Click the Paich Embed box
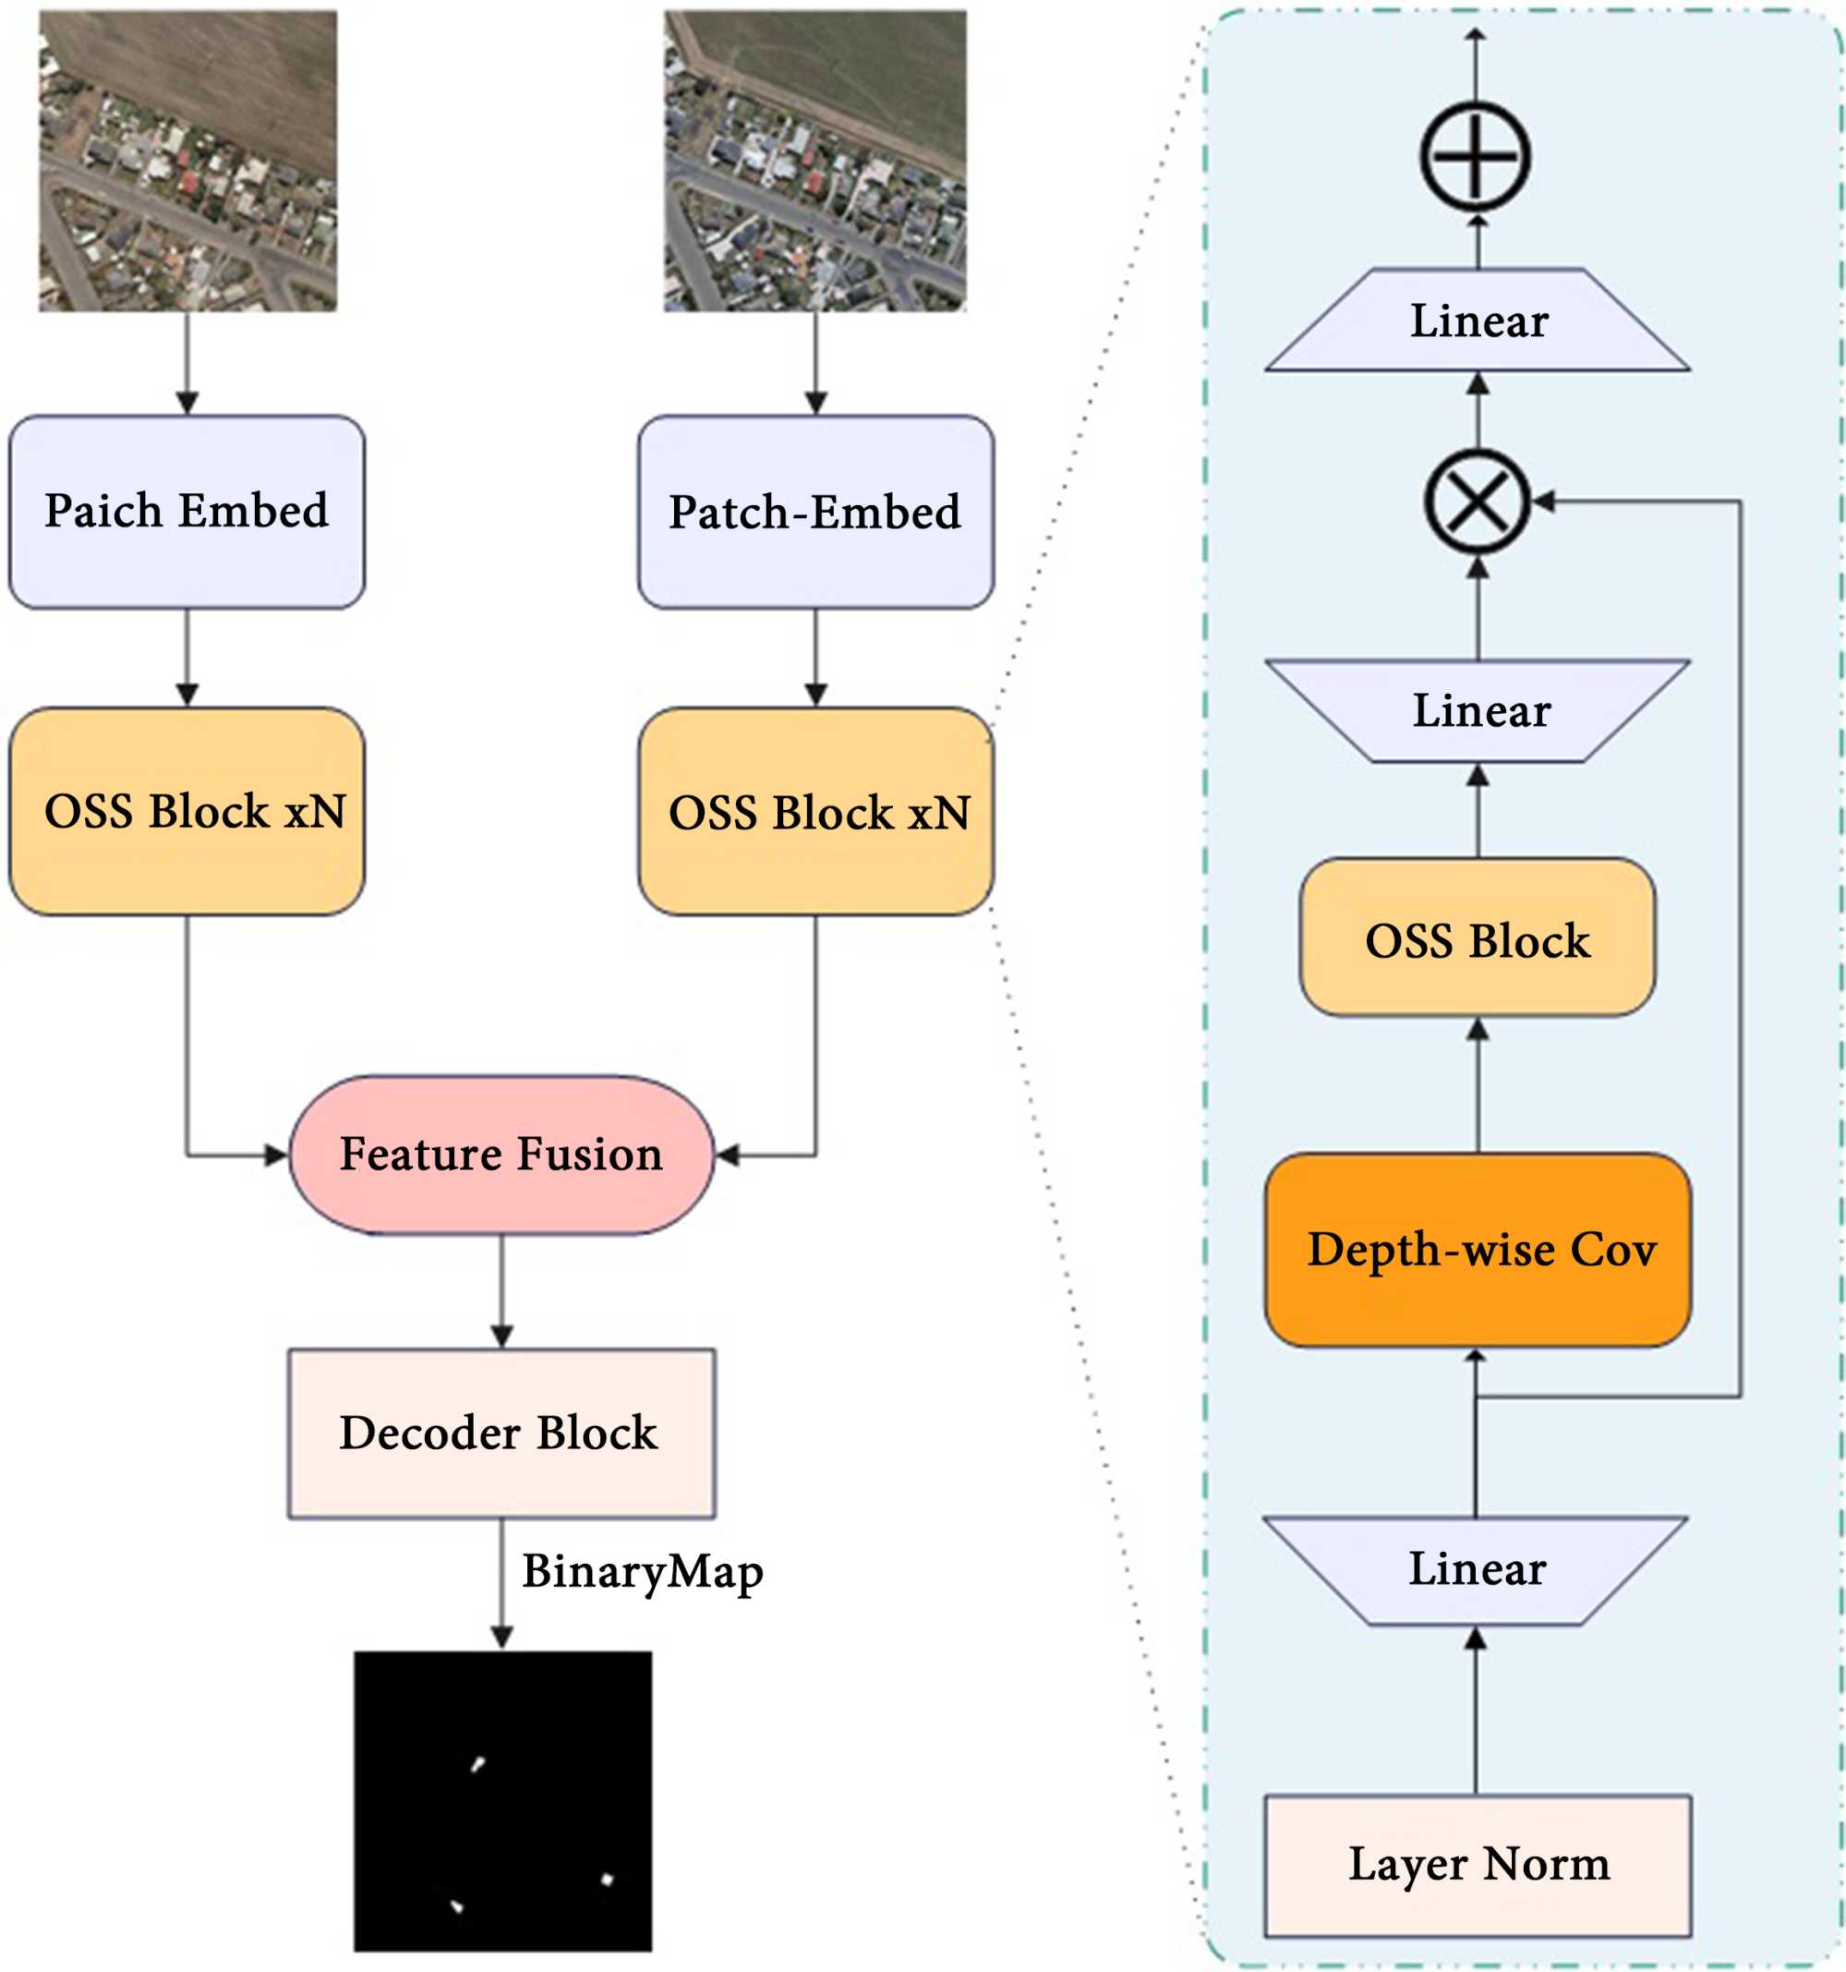tap(187, 512)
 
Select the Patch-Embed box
tap(815, 512)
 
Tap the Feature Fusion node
tap(501, 1155)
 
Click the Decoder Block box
tap(501, 1433)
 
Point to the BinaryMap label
tap(643, 1572)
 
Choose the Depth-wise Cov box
tap(1477, 1250)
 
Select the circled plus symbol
tap(1475, 157)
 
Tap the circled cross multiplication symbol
tap(1477, 501)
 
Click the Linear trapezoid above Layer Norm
tap(1476, 1569)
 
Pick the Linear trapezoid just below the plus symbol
tap(1477, 321)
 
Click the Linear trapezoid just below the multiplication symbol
tap(1478, 710)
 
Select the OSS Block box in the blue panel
tap(1477, 938)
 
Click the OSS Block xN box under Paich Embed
tap(187, 811)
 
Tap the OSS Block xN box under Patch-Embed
tap(815, 811)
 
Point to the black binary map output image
tap(503, 1800)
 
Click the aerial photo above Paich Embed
tap(187, 161)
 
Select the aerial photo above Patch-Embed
tap(814, 161)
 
